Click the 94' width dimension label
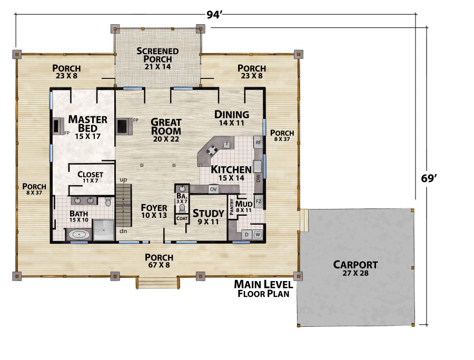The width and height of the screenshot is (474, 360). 215,15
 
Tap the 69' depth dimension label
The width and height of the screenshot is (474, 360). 429,178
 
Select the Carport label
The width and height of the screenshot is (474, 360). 355,268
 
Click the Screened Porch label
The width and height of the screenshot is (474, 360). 157,58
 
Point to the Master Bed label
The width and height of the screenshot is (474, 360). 87,127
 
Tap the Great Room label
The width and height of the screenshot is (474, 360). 166,131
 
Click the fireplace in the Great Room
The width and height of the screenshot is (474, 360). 123,126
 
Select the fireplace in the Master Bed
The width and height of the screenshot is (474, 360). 57,126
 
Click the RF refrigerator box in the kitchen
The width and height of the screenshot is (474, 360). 258,143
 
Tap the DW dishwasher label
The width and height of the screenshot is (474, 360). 258,178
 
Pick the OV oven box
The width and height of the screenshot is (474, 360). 213,189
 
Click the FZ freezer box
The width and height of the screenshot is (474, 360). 259,202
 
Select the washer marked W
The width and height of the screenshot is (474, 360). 258,235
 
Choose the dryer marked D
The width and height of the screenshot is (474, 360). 246,235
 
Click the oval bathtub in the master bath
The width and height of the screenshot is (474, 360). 79,234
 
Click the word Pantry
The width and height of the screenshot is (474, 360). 232,207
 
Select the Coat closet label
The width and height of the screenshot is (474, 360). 182,218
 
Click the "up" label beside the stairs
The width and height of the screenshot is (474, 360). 123,179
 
